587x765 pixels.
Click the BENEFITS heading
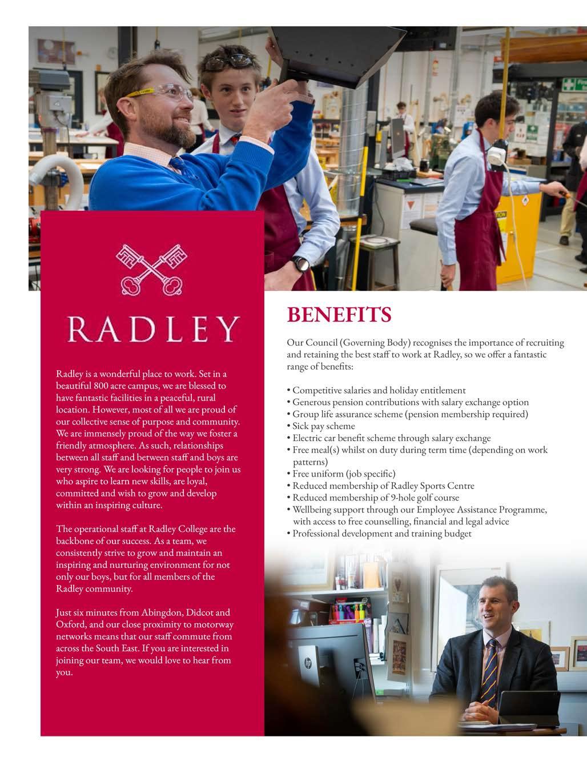(339, 315)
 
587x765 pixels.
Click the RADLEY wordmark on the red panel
(152, 329)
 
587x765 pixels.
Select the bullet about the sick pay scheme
(323, 426)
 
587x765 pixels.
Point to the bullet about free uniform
(344, 474)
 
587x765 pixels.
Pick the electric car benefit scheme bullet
(391, 438)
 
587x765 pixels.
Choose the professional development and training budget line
(382, 534)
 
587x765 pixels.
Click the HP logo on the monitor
(308, 663)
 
